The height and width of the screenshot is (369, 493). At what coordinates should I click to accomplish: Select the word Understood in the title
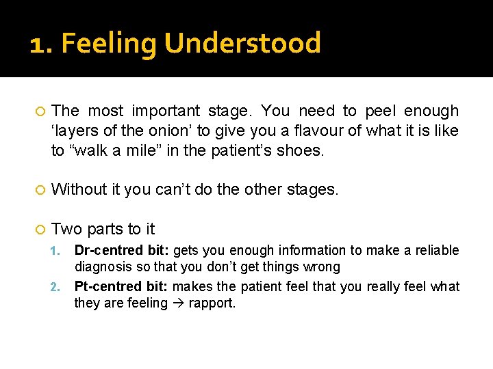click(x=242, y=43)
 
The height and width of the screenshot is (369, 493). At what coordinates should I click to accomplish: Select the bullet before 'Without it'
click(x=40, y=190)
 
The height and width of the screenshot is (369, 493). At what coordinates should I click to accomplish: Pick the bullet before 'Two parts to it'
click(x=40, y=230)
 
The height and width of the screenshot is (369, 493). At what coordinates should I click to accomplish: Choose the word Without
click(x=79, y=189)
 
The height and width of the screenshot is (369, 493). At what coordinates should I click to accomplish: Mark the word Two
click(x=66, y=229)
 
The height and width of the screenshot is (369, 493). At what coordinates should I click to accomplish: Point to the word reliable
click(x=433, y=251)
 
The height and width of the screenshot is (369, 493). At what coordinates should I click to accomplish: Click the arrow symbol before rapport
click(x=179, y=303)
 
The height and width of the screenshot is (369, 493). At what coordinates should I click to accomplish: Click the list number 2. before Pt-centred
click(x=58, y=287)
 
